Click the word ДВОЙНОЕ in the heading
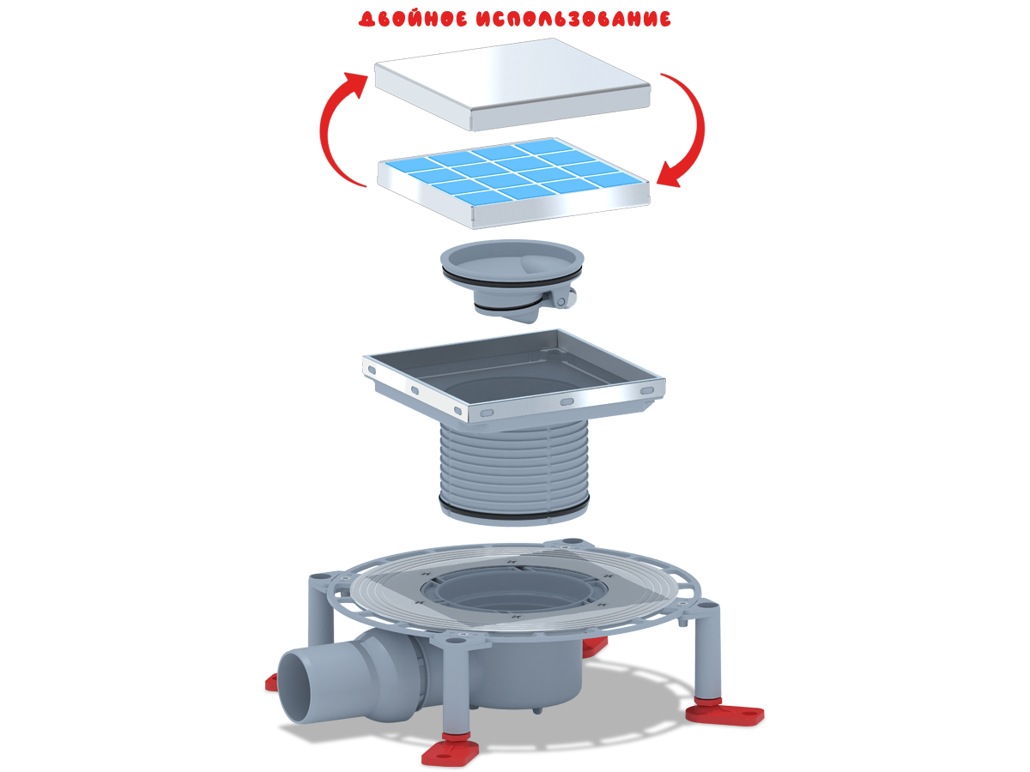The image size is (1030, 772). pos(413,19)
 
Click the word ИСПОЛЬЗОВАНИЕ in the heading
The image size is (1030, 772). pos(573,19)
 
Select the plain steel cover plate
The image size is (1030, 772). pos(512,84)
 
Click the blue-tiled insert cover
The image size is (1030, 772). pos(514,183)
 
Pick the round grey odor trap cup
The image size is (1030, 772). pos(512,279)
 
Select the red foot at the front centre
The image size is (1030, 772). pos(450,751)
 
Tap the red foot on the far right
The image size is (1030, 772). pos(724,714)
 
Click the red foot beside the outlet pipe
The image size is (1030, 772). pos(272,683)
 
